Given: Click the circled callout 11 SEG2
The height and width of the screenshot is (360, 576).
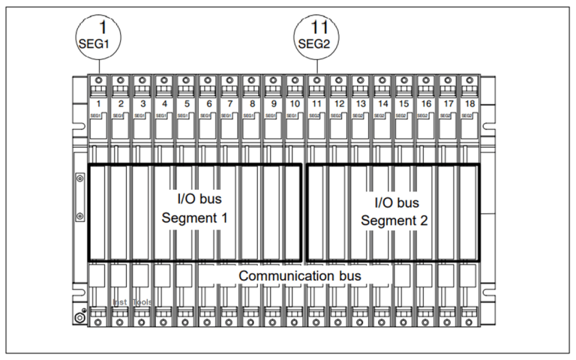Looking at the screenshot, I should (x=315, y=34).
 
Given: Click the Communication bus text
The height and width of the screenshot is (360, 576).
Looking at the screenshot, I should (x=300, y=276).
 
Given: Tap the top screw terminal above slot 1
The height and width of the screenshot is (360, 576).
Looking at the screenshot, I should (x=97, y=80).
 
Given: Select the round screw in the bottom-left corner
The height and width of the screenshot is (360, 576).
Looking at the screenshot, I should (x=81, y=317).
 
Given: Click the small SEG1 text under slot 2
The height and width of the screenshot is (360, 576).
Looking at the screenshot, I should (x=118, y=116).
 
